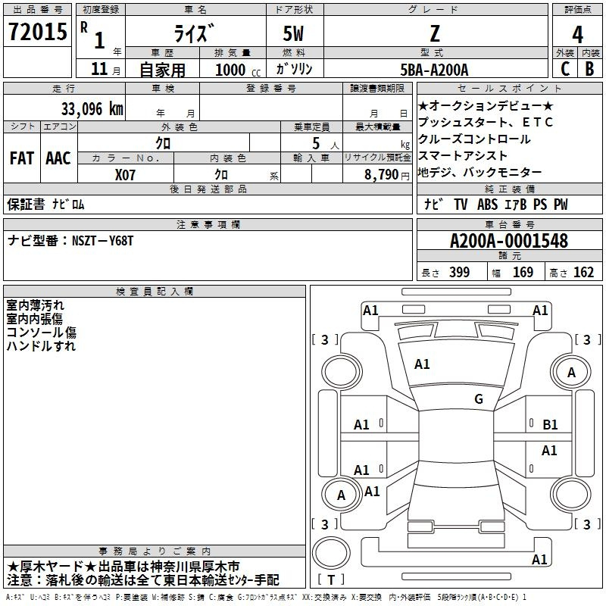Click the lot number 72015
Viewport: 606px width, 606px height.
coord(38,31)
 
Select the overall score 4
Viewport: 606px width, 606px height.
coord(577,35)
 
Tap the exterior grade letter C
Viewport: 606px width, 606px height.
coord(565,69)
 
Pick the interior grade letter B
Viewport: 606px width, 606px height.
coord(589,69)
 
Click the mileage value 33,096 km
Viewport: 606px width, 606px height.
coord(92,109)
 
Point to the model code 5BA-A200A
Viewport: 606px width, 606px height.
coord(434,70)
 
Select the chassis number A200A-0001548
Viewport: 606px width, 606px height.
coord(509,241)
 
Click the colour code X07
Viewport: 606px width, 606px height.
coord(125,175)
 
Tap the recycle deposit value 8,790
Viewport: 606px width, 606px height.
coord(382,175)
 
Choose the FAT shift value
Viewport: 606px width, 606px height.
coord(22,158)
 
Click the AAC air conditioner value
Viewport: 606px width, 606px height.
coord(58,158)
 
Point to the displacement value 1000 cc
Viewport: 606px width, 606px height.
coord(238,70)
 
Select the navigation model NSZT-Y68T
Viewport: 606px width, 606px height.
coord(102,241)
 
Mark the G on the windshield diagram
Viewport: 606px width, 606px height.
coord(479,398)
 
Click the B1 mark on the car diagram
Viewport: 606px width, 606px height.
coord(550,425)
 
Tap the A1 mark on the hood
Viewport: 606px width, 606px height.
coord(422,364)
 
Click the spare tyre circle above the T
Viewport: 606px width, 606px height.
coord(331,553)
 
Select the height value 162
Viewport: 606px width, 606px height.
coord(583,273)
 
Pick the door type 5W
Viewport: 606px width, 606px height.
coord(293,33)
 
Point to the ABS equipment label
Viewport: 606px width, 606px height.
coord(487,205)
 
